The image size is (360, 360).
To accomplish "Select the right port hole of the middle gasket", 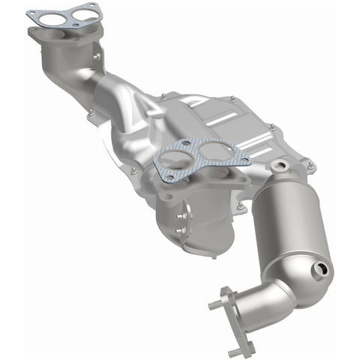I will coord(215,152).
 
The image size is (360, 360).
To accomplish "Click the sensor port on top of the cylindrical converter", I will coord(280,165).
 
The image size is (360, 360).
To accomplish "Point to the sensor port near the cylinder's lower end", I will coord(323,268).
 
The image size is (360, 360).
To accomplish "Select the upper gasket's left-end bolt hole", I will coord(31,14).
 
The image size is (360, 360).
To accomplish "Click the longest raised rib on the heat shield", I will coord(225,116).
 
